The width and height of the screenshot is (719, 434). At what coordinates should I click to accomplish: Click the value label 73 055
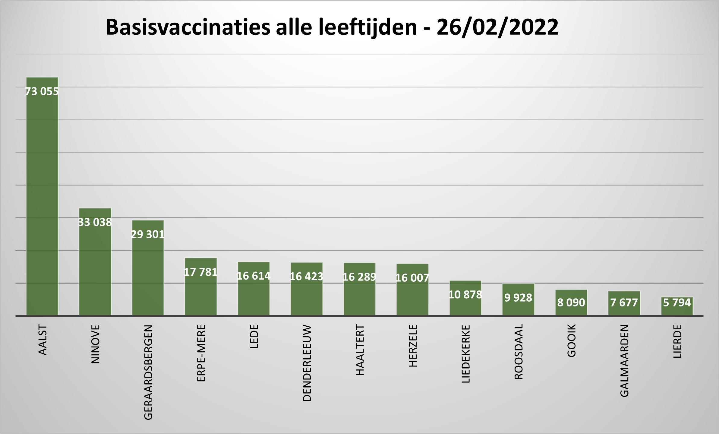point(42,91)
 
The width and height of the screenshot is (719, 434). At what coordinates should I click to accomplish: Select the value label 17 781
point(201,272)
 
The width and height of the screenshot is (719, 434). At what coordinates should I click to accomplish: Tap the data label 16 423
point(306,277)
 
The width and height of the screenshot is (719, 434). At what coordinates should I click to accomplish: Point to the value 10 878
point(465,295)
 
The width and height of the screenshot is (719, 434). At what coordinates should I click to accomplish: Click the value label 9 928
point(518,298)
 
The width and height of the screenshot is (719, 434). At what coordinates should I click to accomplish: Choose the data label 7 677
point(624,303)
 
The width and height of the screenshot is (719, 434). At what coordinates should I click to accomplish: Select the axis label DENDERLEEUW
point(307,363)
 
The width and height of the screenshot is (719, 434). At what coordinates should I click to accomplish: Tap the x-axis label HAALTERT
point(360,350)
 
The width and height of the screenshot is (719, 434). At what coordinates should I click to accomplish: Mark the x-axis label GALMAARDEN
point(624,360)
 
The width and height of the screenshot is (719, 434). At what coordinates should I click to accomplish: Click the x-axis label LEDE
point(254,336)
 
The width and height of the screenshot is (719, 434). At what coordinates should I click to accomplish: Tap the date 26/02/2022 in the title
point(497,28)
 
